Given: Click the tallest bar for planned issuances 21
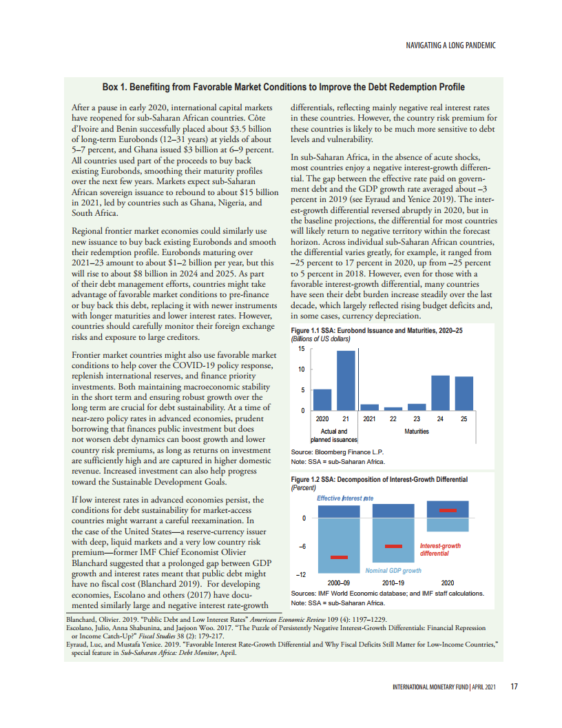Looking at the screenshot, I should pos(345,381).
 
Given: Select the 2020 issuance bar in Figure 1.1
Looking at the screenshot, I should pos(322,400).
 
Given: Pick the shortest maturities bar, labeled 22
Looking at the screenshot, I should pos(393,409).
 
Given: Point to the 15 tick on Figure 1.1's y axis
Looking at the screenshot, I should pos(301,349).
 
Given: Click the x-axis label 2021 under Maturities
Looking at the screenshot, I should pos(370,419).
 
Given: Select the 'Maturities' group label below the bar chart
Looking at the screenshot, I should pos(417,432).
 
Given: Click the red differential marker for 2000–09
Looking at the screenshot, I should pos(339,557).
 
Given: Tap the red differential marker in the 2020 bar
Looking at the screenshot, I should pos(448,510).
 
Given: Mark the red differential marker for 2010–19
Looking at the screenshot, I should pos(393,546).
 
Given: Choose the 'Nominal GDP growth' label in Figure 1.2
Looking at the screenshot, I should pos(393,571).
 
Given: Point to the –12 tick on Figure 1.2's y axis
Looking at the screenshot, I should pos(301,574).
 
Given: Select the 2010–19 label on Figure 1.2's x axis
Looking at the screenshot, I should pos(393,583).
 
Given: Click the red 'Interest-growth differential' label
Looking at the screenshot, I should pos(440,549).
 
